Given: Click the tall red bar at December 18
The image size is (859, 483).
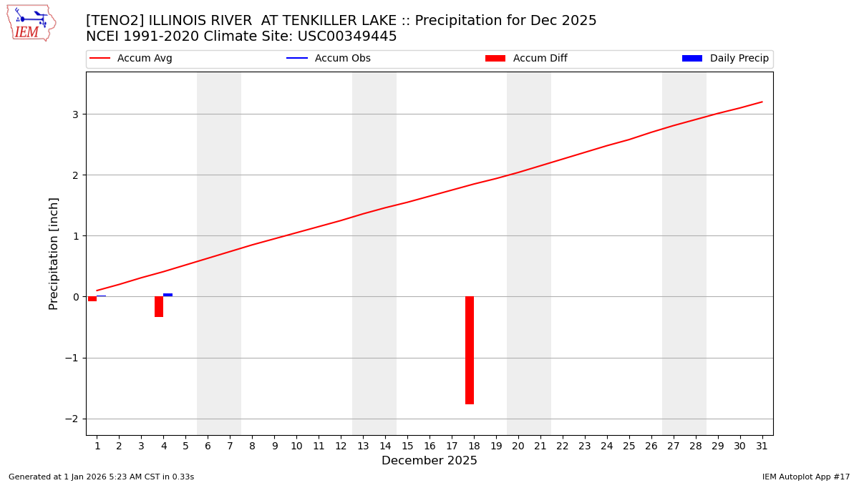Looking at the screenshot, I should coord(470,350).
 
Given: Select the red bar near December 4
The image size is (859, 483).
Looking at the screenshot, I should coord(159,306).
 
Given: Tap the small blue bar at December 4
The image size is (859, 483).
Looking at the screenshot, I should coord(168,295).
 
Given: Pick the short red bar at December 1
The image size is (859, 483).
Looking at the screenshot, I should coord(92,298).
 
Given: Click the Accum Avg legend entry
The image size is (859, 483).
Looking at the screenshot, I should coord(131,59).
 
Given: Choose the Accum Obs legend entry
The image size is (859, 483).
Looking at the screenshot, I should coord(329,59).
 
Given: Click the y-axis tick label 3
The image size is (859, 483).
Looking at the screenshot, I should coord(74,114).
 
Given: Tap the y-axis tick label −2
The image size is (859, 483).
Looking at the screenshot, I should coord(72,419).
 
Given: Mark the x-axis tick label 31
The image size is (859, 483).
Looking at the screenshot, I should coord(762,447).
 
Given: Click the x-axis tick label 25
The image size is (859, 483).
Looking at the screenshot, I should coord(629,447).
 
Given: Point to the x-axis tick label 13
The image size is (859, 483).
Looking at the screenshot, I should coord(363,447).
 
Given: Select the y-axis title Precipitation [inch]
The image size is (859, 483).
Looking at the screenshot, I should coord(54,253).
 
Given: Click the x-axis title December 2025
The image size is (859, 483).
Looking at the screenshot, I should coord(429,461).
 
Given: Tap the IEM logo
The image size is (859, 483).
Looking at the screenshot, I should coord(31,23).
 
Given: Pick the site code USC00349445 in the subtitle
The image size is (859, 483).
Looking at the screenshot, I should coord(347,36).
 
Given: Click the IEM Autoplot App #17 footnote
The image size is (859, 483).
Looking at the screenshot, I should coord(806,477).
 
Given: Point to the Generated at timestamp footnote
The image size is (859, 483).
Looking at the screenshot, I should coord(101,477).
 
